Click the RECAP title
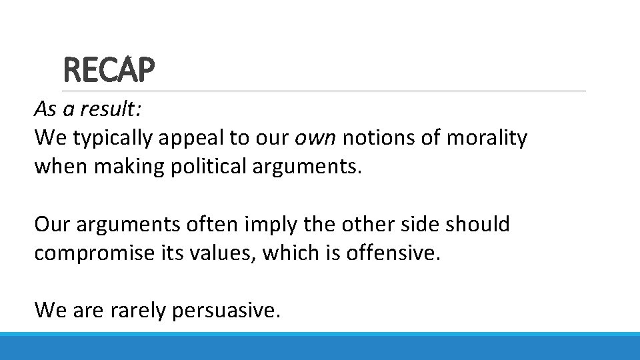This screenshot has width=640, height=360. pos(109,71)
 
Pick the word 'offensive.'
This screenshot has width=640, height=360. pos(394,253)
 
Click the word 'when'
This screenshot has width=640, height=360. pos(61,166)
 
